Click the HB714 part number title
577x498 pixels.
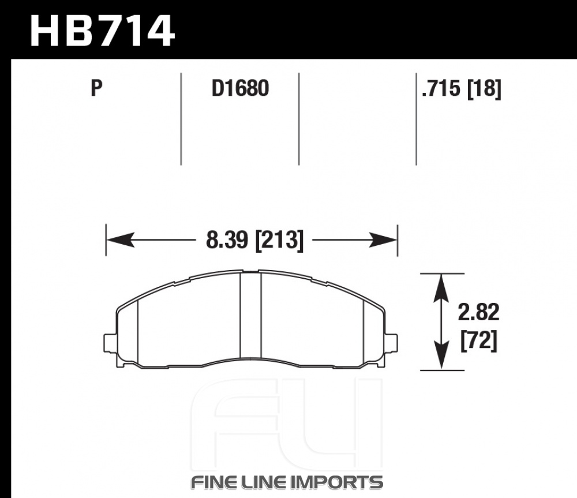pyautogui.click(x=102, y=31)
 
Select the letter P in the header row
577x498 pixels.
pyautogui.click(x=96, y=88)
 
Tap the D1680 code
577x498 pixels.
pyautogui.click(x=240, y=88)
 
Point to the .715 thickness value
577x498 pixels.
pyautogui.click(x=441, y=89)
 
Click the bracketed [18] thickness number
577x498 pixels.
pyautogui.click(x=484, y=89)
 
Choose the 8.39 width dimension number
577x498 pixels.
pyautogui.click(x=227, y=240)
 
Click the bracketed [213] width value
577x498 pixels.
pyautogui.click(x=279, y=241)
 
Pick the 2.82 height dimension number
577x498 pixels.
pyautogui.click(x=478, y=312)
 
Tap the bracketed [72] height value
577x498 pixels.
pyautogui.click(x=479, y=340)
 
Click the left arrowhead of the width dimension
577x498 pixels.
pyautogui.click(x=119, y=240)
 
